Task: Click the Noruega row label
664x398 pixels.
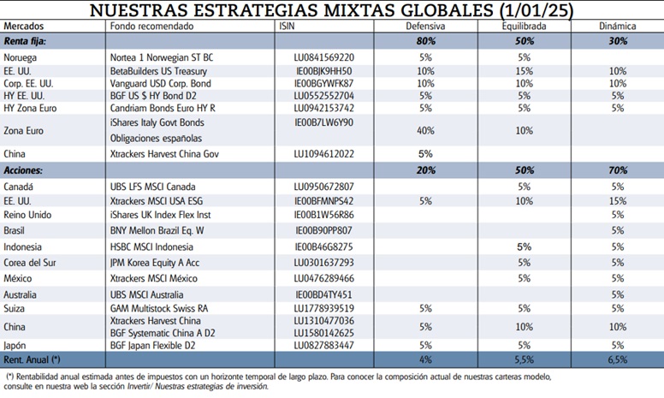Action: pyautogui.click(x=21, y=57)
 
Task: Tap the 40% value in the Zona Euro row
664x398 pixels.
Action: pyautogui.click(x=425, y=130)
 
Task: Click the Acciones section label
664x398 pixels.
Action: pyautogui.click(x=23, y=170)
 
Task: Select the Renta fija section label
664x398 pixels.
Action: pyautogui.click(x=26, y=41)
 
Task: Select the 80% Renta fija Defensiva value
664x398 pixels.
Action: pyautogui.click(x=425, y=41)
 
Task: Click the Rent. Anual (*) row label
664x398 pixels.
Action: pyautogui.click(x=33, y=361)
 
